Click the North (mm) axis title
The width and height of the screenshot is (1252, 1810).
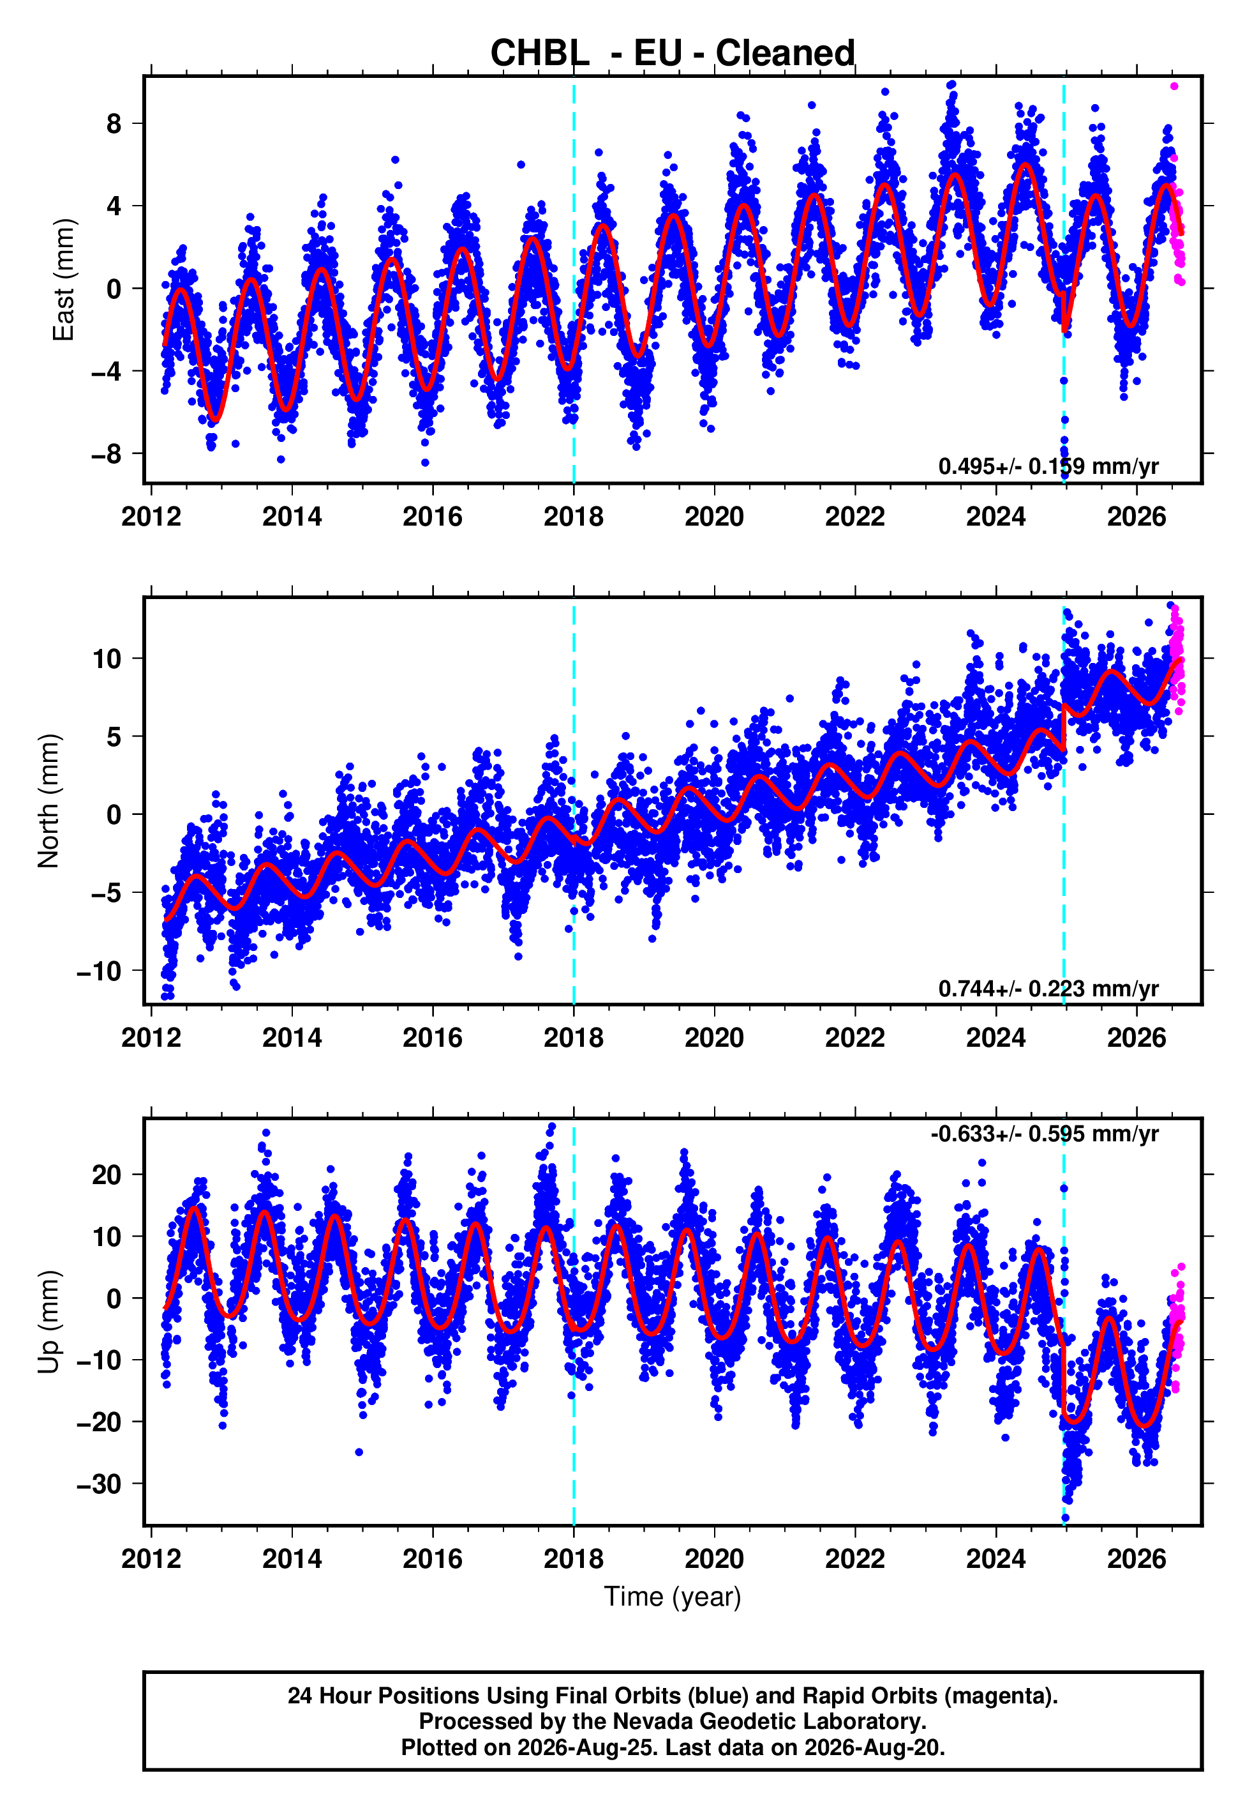(48, 801)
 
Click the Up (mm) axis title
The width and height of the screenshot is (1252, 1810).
(48, 1322)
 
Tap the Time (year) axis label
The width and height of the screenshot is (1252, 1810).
(673, 1597)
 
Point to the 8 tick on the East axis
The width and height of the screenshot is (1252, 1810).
(114, 123)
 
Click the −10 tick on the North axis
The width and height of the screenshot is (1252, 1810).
(100, 971)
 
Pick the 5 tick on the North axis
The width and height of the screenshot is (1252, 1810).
(114, 736)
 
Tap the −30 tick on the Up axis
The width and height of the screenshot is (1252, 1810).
(100, 1484)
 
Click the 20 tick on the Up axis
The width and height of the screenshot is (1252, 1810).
(107, 1175)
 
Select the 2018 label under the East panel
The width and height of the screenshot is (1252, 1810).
(574, 517)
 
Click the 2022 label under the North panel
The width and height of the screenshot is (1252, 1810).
(855, 1038)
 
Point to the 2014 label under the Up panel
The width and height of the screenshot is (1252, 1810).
(292, 1559)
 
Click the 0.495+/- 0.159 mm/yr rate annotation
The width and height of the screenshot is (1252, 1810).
(1048, 466)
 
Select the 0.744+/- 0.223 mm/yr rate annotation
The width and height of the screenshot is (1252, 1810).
(1048, 988)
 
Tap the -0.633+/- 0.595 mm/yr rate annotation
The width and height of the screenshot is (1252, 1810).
(1044, 1134)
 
